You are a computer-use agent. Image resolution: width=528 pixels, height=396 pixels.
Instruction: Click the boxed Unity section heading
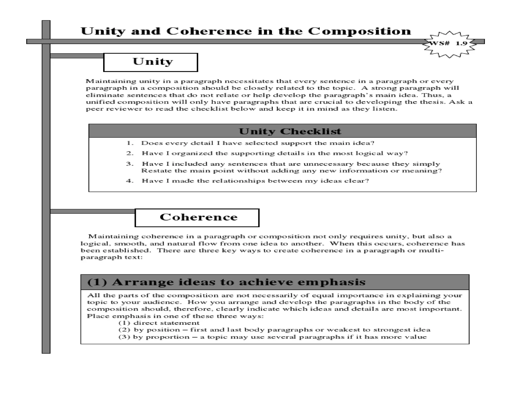coord(151,62)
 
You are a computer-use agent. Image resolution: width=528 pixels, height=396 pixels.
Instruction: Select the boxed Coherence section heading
coord(197,218)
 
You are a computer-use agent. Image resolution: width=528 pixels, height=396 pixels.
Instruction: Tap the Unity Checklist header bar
coord(282,131)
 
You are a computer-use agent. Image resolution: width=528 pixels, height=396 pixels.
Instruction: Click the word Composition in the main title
coord(359,31)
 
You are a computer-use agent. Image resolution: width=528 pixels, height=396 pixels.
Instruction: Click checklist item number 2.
coord(274,153)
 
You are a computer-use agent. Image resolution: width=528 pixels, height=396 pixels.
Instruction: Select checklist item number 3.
coord(291,167)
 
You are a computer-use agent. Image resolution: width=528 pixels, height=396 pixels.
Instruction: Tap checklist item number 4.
coord(255,181)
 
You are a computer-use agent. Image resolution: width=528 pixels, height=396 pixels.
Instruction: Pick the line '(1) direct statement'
coord(159,323)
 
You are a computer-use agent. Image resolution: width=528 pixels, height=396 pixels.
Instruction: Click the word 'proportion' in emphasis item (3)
coord(168,337)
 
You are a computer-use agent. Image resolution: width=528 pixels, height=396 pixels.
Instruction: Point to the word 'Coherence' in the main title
coord(209,31)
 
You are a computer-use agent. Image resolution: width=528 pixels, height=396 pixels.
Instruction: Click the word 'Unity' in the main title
coord(103,31)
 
